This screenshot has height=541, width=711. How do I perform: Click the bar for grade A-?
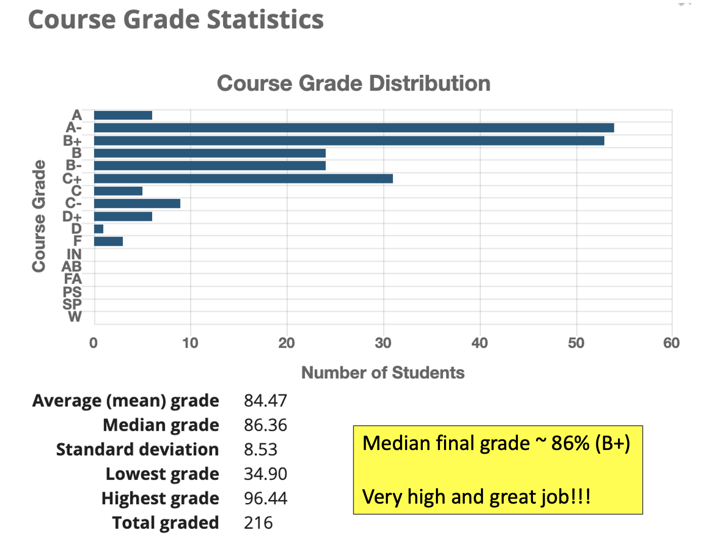click(354, 128)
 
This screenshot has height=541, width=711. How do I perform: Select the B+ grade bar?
click(349, 141)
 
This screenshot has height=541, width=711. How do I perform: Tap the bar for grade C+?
click(243, 178)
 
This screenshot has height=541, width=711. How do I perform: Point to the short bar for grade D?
click(99, 229)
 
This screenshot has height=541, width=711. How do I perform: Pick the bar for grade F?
click(108, 242)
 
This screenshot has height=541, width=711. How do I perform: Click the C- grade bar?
click(137, 204)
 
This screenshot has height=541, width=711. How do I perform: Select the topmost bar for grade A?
click(123, 115)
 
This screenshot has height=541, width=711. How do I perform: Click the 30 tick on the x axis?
click(383, 343)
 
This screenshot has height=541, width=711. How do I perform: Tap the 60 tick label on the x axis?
click(672, 343)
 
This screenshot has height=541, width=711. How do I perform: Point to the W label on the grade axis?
click(75, 317)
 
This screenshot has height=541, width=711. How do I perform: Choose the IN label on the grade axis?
click(74, 254)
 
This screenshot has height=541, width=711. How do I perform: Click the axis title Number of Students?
click(383, 373)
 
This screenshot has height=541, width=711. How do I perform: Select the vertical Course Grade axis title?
click(39, 216)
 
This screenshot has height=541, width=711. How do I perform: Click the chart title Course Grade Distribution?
click(353, 83)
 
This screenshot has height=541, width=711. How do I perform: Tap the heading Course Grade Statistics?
click(176, 20)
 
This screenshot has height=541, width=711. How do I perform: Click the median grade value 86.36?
click(265, 425)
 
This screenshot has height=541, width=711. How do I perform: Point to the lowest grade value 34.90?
click(265, 474)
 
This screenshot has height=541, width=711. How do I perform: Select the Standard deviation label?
click(138, 449)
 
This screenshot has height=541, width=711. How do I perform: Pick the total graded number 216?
click(258, 523)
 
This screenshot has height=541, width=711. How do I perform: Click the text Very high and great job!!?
click(476, 497)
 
